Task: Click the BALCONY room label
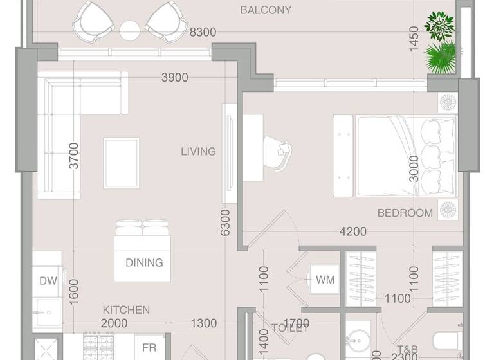pyautogui.click(x=266, y=10)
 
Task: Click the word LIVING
pyautogui.click(x=198, y=152)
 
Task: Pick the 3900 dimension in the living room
pyautogui.click(x=174, y=78)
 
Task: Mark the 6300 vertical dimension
pyautogui.click(x=225, y=222)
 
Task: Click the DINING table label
pyautogui.click(x=144, y=262)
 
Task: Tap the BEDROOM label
pyautogui.click(x=405, y=213)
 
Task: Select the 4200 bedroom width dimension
pyautogui.click(x=353, y=232)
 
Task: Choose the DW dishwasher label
pyautogui.click(x=48, y=280)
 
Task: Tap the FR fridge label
pyautogui.click(x=149, y=347)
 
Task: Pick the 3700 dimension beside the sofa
pyautogui.click(x=75, y=156)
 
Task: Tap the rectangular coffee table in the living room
pyautogui.click(x=122, y=163)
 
